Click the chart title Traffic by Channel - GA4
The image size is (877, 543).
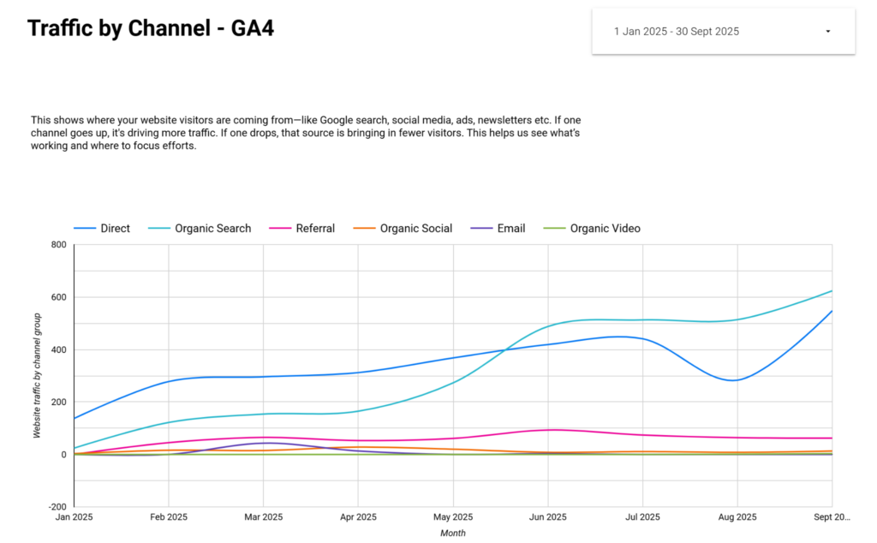pos(151,28)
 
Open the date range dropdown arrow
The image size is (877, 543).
pos(828,32)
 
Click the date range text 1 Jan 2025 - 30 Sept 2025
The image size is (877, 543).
pos(677,32)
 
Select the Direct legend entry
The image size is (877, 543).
pos(102,228)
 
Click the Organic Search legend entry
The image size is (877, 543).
pos(200,228)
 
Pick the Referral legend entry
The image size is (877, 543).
pos(302,228)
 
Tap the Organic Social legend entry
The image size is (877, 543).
pos(403,228)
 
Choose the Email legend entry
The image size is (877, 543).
pos(498,228)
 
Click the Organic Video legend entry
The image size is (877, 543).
pos(592,228)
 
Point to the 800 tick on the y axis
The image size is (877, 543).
pos(59,244)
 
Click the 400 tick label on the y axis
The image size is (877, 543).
pos(59,349)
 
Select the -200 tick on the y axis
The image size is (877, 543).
pos(57,507)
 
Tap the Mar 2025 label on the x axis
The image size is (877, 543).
pos(264,516)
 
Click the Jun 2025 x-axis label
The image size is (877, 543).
pos(547,516)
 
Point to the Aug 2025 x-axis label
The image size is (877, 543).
pos(737,516)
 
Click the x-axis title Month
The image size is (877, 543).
pos(452,533)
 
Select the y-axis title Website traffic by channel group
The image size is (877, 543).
pos(37,375)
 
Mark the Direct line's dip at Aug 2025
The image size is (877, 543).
pos(734,380)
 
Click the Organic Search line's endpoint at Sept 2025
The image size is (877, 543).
pos(832,291)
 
